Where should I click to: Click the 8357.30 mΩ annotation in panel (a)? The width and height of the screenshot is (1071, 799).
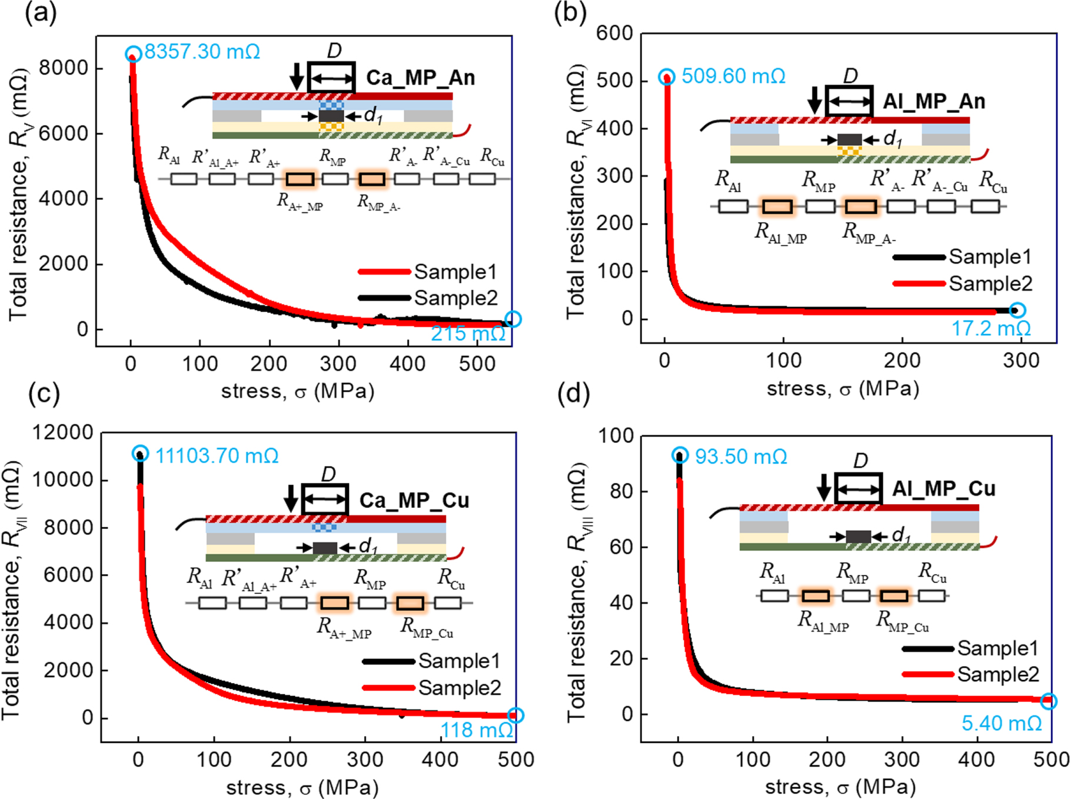pos(202,52)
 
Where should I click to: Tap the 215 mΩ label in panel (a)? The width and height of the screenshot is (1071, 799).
pos(468,334)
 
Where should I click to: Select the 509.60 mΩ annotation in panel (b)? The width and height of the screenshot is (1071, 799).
pos(733,76)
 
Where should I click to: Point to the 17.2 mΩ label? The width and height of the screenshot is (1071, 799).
pos(991,328)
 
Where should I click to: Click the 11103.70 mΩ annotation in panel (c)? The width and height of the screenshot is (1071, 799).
pos(217,455)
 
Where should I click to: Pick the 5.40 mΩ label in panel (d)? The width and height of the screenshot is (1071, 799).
pos(1002,723)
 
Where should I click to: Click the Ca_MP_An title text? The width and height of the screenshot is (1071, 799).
pos(420,78)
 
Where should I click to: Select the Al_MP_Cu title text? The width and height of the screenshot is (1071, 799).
pos(943,488)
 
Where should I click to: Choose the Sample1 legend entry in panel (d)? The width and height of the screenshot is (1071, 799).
pos(997,648)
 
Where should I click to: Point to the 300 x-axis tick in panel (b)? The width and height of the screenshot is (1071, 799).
pos(1021,360)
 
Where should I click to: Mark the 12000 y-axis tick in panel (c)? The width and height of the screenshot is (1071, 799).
pos(62,432)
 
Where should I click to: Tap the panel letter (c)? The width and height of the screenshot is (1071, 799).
pos(44,394)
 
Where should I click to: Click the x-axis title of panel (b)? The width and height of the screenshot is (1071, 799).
pos(843,389)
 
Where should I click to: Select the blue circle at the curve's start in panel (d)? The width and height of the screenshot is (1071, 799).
pos(680,455)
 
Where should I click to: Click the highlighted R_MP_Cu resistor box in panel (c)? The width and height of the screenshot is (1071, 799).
pos(410,602)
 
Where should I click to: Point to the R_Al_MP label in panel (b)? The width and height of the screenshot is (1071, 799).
pos(780,233)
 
